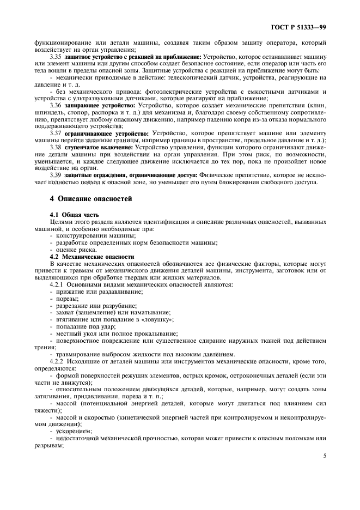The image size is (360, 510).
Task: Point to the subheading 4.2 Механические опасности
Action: pyautogui.click(x=89, y=256)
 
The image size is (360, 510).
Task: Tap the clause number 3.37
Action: pyautogui.click(x=56, y=133)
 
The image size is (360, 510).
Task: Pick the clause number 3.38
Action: pyautogui.click(x=56, y=148)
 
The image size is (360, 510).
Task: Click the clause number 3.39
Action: pyautogui.click(x=56, y=175)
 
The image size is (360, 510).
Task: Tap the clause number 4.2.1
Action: pyautogui.click(x=58, y=284)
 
